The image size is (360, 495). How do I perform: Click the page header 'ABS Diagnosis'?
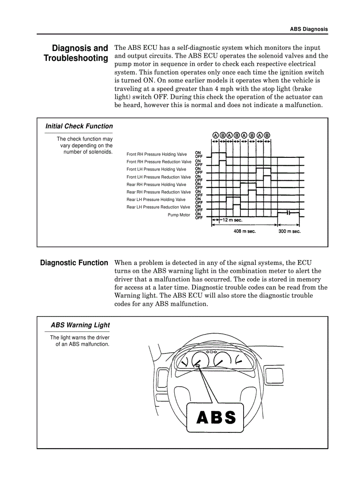tap(308, 29)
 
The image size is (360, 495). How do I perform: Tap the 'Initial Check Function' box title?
tap(79, 127)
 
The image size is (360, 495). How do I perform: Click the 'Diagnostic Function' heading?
tap(74, 263)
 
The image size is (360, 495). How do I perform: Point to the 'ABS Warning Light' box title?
tap(80, 325)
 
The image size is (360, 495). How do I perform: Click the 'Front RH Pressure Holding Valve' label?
tap(157, 155)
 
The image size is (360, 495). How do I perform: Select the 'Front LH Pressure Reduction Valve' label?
tap(158, 177)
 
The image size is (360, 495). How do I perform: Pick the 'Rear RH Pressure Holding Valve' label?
tap(156, 185)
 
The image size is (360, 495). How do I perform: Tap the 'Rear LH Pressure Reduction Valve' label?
tap(158, 207)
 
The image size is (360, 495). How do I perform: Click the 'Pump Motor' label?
tap(179, 215)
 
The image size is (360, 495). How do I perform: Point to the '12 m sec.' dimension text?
tap(232, 220)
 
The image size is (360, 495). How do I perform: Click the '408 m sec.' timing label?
tap(244, 231)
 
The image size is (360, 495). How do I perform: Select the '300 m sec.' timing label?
tap(289, 231)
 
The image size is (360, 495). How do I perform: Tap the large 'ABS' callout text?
tap(216, 417)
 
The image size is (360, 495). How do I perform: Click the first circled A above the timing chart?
tap(215, 135)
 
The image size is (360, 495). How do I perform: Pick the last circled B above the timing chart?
tap(267, 135)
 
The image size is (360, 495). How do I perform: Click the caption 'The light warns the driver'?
tap(79, 338)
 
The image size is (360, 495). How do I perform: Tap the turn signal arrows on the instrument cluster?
tap(212, 352)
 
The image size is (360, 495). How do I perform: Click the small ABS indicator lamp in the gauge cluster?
tap(198, 366)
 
